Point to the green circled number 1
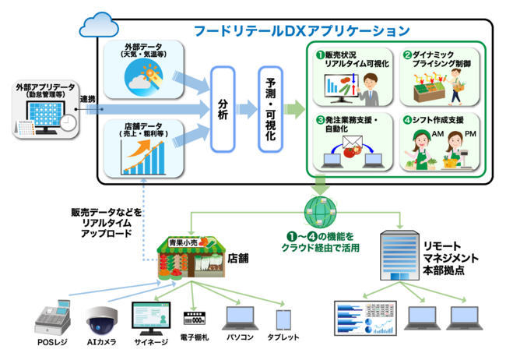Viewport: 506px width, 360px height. [x=318, y=55]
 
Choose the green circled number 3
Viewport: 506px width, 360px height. [x=318, y=120]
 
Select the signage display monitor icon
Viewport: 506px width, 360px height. [x=151, y=318]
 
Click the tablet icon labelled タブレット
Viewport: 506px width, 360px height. [x=284, y=320]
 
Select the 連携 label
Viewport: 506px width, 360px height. [x=88, y=100]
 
